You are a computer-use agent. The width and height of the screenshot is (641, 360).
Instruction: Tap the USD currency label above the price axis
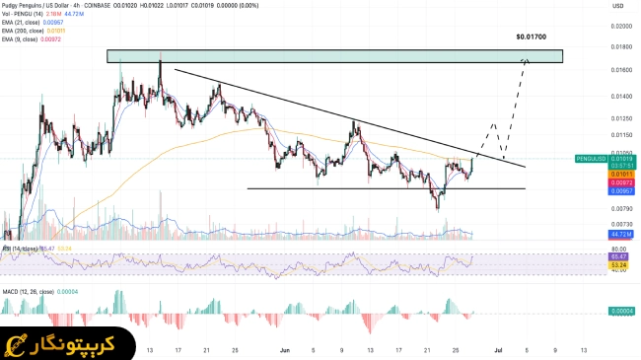coord(593,6)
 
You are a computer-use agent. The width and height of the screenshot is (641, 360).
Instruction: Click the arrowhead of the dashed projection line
coord(527,61)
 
